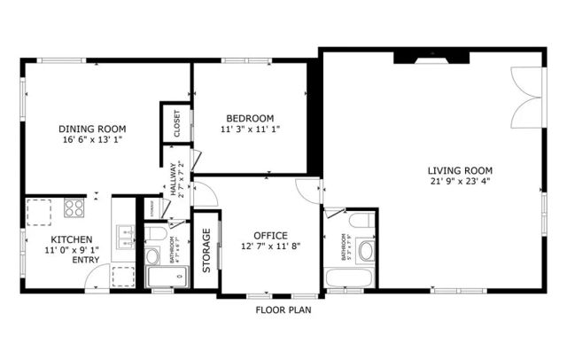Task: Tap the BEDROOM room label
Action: [x=250, y=118]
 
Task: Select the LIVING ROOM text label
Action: [x=459, y=171]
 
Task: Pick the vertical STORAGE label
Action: [x=206, y=250]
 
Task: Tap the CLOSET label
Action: [x=175, y=124]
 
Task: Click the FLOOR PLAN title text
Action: [x=283, y=310]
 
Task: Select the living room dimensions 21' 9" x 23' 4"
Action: [x=459, y=183]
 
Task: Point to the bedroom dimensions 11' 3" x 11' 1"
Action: [x=250, y=129]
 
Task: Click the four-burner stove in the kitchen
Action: [x=74, y=210]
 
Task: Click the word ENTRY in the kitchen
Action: [x=86, y=260]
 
